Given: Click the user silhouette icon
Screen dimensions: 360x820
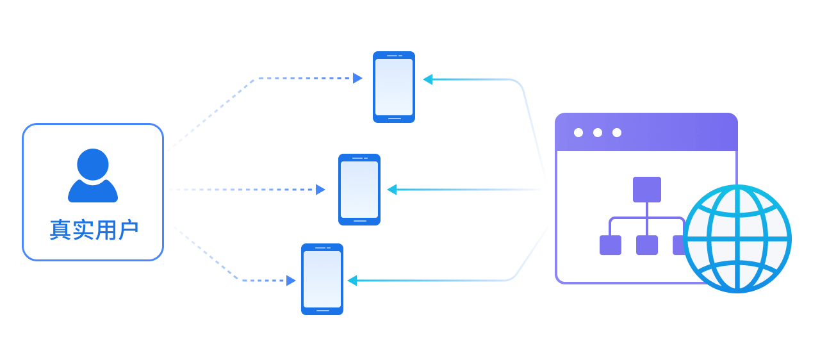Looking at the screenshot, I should (93, 175).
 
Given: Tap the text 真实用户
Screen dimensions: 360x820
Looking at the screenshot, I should (94, 231).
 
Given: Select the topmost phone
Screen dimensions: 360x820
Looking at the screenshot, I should (394, 87).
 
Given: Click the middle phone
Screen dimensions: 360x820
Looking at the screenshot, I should (359, 190).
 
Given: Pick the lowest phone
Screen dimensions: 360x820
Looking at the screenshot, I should (322, 279).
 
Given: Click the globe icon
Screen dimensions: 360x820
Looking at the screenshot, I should (737, 238).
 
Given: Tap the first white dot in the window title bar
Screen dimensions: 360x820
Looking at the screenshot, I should (578, 133).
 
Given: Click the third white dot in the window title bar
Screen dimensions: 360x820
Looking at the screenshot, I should (617, 133).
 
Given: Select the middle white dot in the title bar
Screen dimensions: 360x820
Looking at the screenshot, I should (598, 133).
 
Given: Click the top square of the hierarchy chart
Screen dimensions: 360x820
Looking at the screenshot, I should (647, 190).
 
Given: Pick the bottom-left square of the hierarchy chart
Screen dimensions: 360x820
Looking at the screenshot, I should (611, 245).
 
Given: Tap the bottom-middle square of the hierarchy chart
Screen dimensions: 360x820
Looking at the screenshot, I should (647, 245).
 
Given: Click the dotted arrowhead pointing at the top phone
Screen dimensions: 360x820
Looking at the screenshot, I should (357, 78).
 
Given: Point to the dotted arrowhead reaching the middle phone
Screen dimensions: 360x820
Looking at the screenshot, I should (320, 190).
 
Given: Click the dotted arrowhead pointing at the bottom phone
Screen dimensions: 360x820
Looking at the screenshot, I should (291, 281).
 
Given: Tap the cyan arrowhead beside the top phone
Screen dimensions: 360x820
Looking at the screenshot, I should (428, 79).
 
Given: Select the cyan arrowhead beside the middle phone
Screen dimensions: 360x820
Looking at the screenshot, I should (392, 190).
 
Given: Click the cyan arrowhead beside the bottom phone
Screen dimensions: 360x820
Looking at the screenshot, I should (352, 281).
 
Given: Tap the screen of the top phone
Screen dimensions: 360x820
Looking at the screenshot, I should (394, 87).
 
